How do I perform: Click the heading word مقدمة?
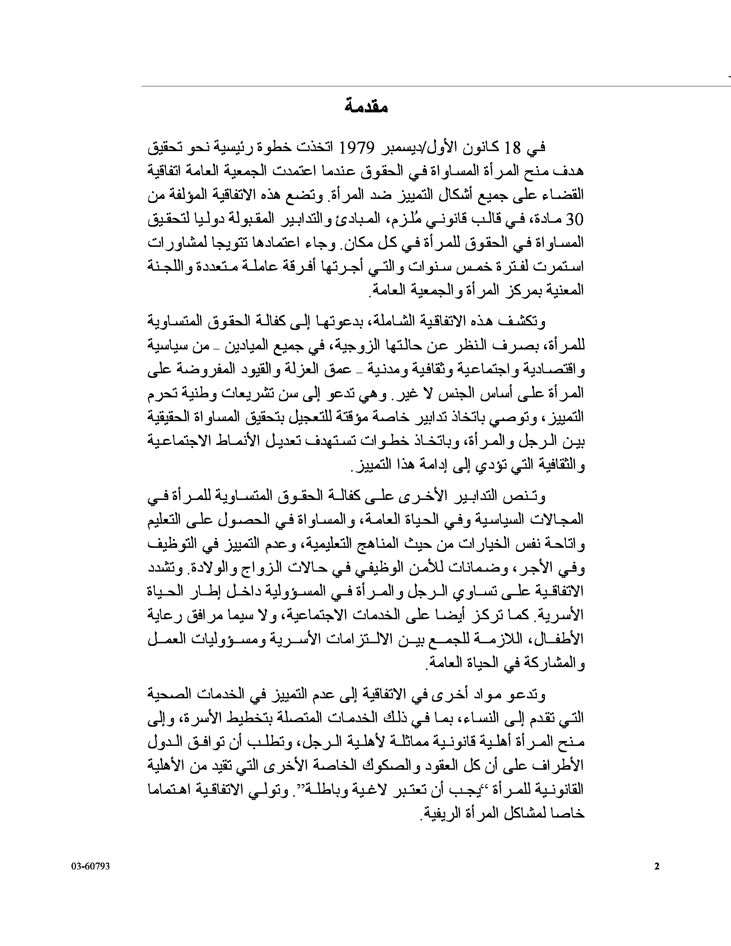(366, 107)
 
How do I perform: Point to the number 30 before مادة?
(575, 219)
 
